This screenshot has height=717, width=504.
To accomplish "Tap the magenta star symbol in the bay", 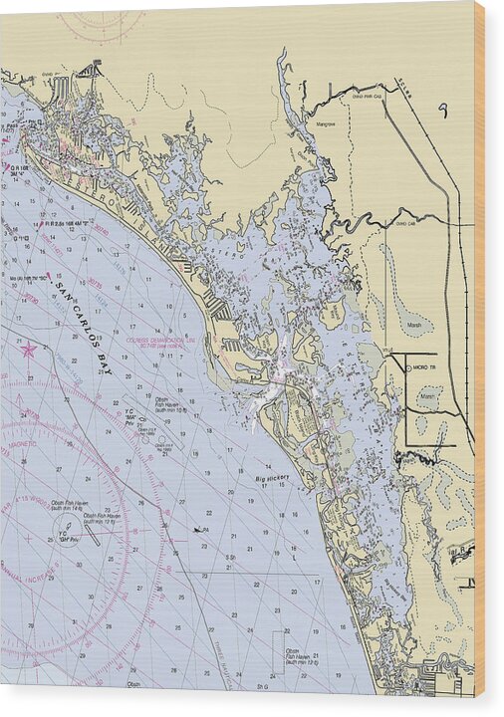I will [x=29, y=350].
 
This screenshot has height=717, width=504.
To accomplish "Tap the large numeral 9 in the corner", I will [x=443, y=110].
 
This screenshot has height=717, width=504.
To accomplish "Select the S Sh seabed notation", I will [x=230, y=558].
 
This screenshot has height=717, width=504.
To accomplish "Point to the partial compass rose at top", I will [x=100, y=25].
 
